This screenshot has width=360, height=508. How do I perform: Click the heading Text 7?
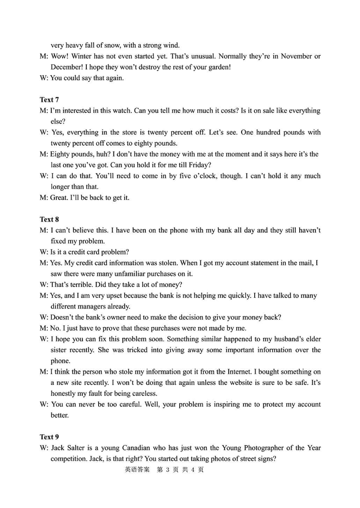[x=49, y=99]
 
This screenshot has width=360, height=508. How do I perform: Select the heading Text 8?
[x=49, y=219]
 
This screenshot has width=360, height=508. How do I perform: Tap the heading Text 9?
[x=49, y=437]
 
